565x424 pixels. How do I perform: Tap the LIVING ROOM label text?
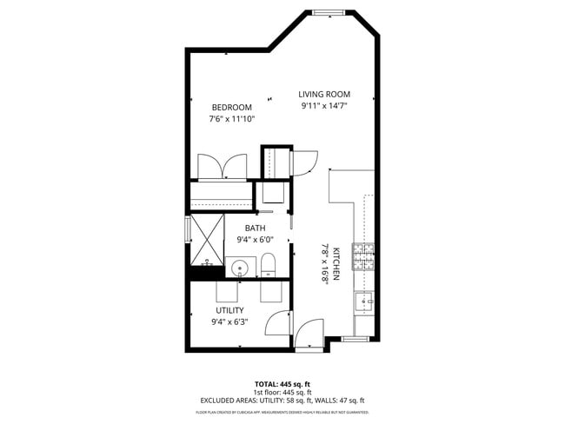click(324, 95)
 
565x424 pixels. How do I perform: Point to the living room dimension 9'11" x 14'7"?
click(324, 107)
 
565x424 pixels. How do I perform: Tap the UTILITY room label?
click(229, 310)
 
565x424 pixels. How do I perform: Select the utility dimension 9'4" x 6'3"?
click(229, 322)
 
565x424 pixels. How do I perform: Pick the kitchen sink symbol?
click(363, 302)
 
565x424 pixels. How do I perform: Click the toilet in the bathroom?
click(268, 264)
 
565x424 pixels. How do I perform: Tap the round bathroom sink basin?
click(241, 268)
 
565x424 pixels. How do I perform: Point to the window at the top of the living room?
click(329, 12)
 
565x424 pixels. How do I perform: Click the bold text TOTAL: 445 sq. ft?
click(282, 383)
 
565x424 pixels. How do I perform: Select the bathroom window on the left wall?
click(188, 230)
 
